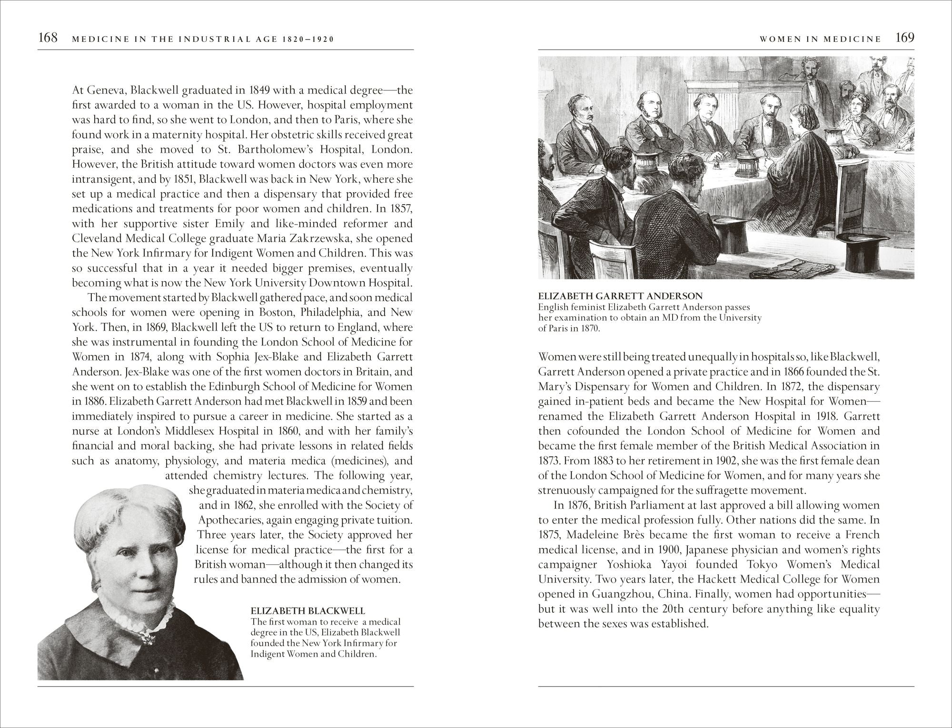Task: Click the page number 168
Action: [48, 38]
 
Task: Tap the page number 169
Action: [905, 38]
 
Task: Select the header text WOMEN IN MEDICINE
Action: [820, 39]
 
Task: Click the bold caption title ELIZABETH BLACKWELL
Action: [308, 611]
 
